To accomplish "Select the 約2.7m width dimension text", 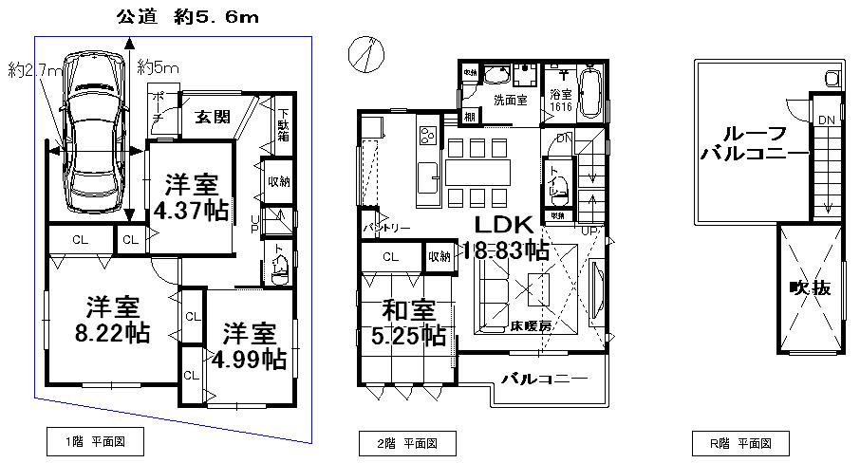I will click(x=35, y=70).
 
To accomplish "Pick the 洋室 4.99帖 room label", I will click(x=250, y=346).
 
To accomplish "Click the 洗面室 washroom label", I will click(x=510, y=100).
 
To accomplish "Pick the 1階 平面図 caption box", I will click(x=94, y=441).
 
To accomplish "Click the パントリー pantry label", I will click(x=387, y=229).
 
